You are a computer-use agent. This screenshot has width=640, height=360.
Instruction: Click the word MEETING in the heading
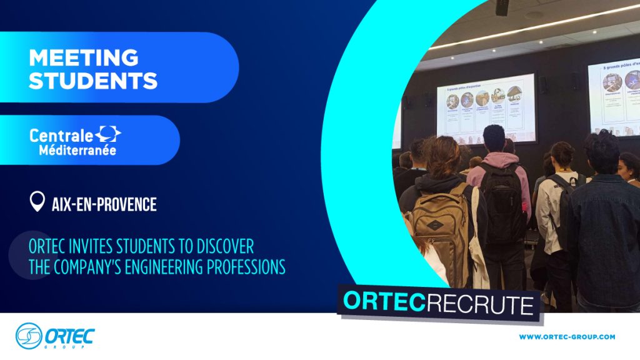83,57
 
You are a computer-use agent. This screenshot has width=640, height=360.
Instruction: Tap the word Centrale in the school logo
61,134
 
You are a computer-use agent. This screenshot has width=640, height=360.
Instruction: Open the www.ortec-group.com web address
567,337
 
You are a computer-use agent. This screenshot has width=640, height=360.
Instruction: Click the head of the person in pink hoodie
494,139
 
